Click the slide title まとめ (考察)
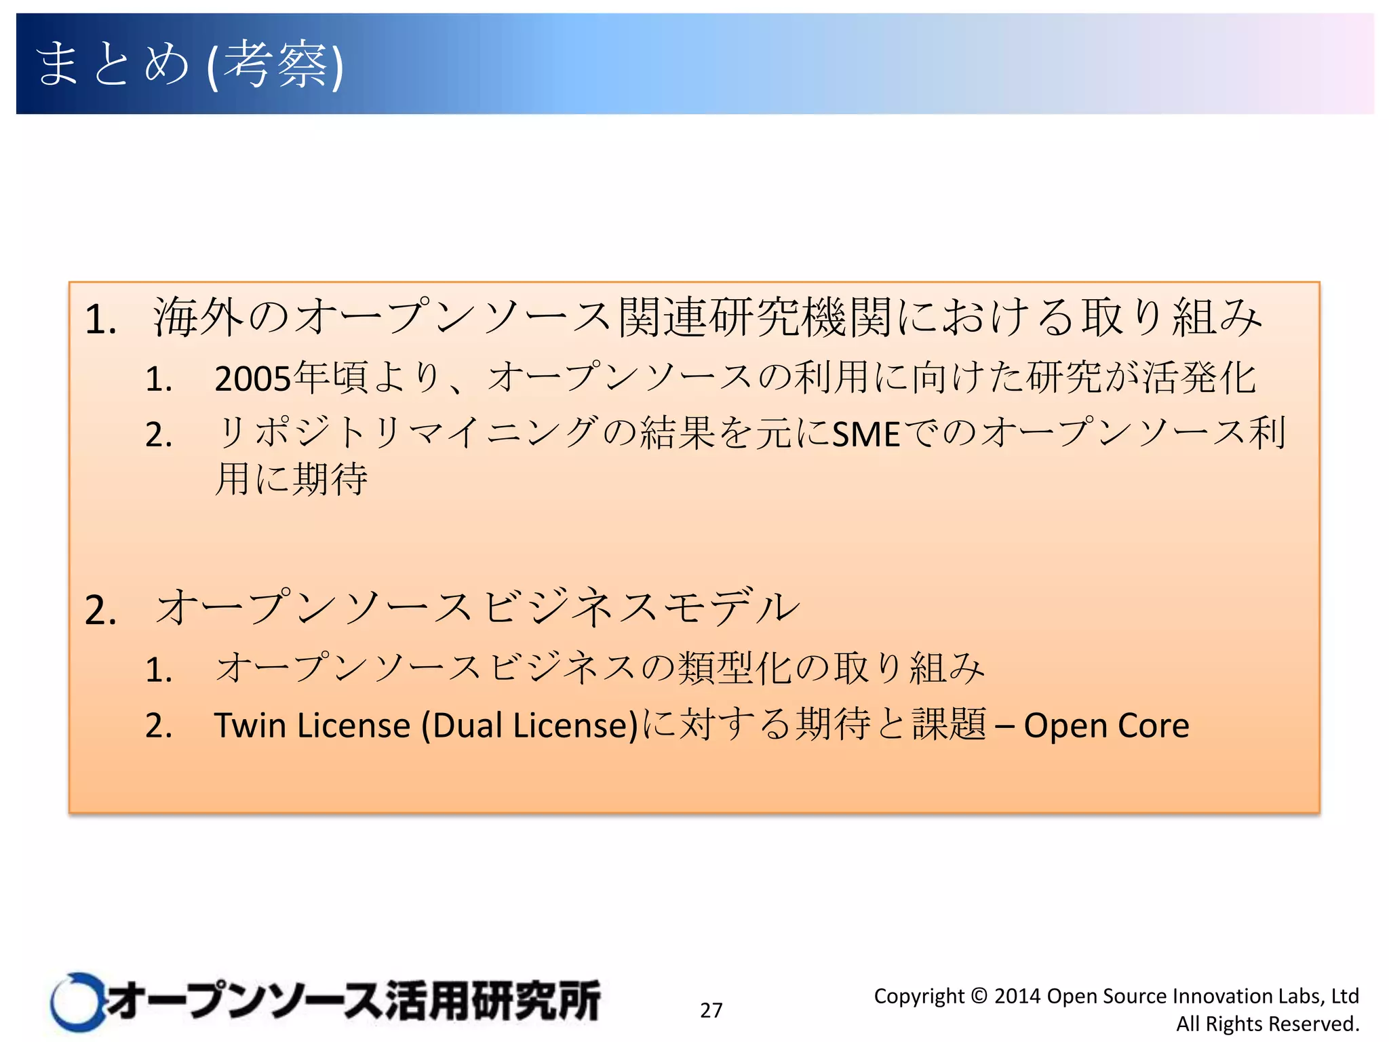[190, 64]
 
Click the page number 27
[711, 1010]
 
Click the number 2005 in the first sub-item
[253, 379]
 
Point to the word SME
[866, 434]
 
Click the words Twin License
[312, 725]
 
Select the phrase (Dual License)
[530, 725]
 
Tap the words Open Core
[1106, 725]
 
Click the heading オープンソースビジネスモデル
[477, 607]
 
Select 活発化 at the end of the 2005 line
[1199, 378]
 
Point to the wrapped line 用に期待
[292, 479]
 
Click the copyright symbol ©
[979, 996]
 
